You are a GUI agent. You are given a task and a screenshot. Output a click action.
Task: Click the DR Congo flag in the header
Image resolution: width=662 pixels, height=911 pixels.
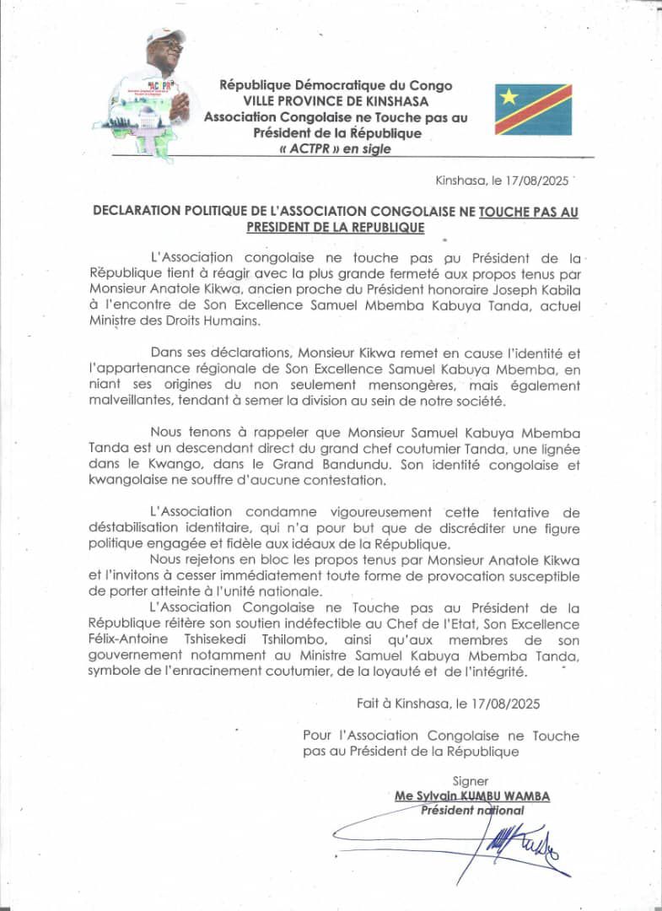click(x=533, y=110)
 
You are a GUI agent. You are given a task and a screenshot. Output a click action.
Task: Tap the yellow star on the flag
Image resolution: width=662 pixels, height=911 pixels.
click(x=509, y=96)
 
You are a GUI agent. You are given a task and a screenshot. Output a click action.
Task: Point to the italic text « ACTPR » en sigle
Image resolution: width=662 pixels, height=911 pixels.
click(x=335, y=149)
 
